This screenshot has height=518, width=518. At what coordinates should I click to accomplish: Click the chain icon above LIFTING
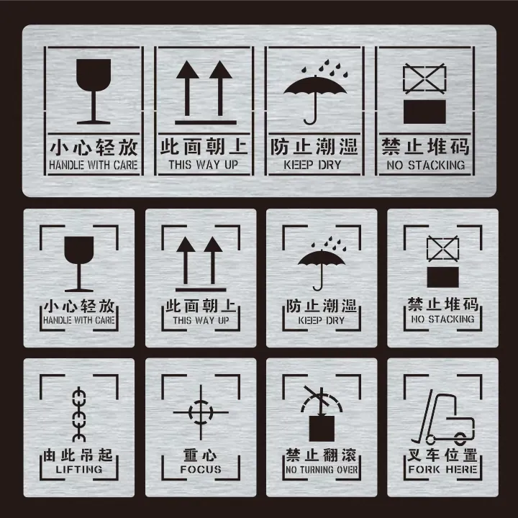point(79,414)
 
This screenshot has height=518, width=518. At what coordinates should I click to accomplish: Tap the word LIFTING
point(79,470)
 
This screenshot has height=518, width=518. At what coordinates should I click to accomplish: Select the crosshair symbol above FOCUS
point(200,412)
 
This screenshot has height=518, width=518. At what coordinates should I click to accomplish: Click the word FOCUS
point(201,470)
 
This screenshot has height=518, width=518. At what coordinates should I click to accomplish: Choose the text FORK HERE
point(442,470)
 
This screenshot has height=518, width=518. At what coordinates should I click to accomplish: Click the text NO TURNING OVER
point(322,470)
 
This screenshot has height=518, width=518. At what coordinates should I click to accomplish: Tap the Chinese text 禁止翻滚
point(321,455)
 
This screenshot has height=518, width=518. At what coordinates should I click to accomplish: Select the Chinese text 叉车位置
point(442,455)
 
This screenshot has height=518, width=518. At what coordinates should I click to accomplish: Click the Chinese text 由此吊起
point(79,455)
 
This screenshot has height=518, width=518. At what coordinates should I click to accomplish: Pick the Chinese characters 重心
point(201,455)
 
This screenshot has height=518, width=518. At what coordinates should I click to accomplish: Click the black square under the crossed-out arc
point(322,427)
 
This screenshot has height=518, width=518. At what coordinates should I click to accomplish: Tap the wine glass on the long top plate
point(93,91)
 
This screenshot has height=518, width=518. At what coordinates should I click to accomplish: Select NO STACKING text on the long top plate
point(426,165)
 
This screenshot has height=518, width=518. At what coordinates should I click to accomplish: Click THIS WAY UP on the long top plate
point(202,165)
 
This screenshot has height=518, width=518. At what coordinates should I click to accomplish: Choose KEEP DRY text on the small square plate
point(321,319)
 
